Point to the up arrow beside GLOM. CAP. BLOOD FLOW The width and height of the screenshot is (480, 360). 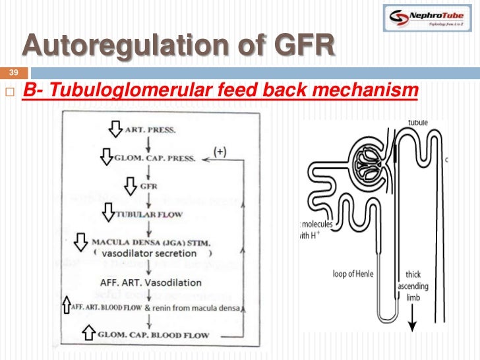tap(88, 334)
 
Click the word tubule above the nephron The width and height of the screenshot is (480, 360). tap(418, 122)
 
